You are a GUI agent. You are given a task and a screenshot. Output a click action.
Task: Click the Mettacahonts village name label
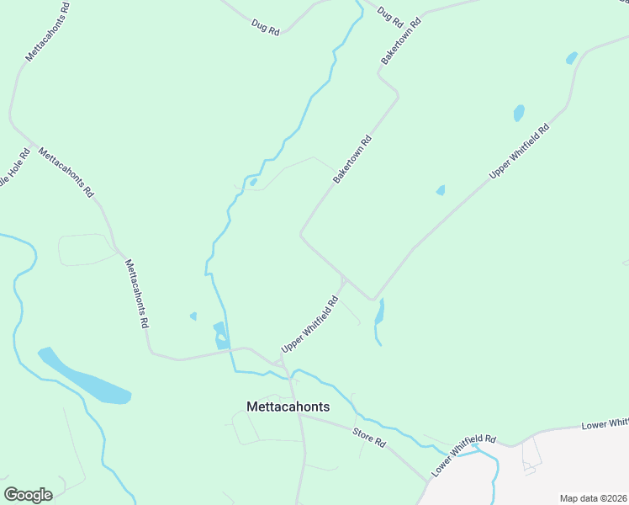(x=288, y=407)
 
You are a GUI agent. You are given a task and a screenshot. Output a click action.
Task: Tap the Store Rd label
(x=369, y=439)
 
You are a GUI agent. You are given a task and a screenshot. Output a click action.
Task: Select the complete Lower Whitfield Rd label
(x=465, y=455)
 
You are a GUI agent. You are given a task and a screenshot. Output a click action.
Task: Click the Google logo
(x=28, y=494)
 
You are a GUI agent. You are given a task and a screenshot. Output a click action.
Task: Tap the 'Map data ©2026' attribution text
(x=593, y=497)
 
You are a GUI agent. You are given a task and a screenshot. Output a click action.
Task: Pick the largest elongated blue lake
(x=84, y=376)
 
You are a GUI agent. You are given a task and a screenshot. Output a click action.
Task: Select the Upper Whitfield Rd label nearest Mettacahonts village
(x=309, y=323)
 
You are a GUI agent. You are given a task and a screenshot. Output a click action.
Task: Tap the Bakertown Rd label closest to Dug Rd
(x=400, y=40)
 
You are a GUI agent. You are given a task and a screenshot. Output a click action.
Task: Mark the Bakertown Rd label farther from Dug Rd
(x=352, y=161)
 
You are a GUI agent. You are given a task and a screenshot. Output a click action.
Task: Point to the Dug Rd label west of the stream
(x=265, y=27)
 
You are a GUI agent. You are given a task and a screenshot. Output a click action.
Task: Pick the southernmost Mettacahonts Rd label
(x=137, y=293)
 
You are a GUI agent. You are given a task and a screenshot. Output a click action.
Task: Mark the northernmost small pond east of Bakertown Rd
(x=572, y=58)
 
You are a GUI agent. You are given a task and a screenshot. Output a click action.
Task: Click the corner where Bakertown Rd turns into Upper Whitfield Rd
(x=372, y=299)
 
